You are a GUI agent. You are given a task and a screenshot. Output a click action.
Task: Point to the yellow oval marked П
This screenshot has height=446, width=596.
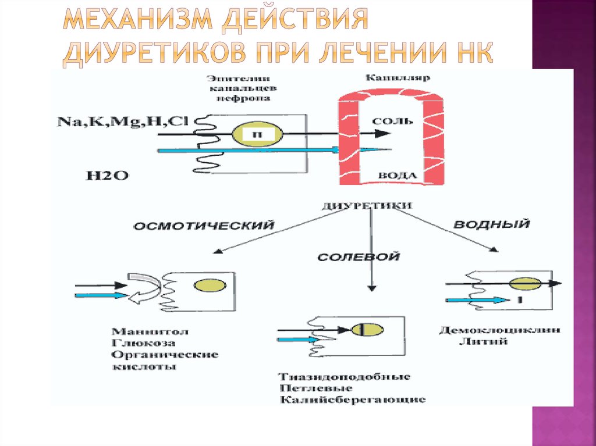pyautogui.click(x=257, y=134)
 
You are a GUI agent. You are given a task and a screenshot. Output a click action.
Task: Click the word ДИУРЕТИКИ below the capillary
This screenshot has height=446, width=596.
pyautogui.click(x=367, y=205)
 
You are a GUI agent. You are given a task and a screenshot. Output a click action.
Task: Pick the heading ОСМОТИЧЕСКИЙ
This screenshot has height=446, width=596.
pyautogui.click(x=204, y=226)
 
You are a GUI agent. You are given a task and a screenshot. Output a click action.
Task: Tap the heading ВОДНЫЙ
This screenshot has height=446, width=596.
pyautogui.click(x=492, y=224)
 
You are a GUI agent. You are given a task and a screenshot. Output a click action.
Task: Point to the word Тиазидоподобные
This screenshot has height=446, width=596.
pyautogui.click(x=345, y=376)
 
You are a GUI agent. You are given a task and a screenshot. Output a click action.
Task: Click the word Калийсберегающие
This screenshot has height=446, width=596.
pyautogui.click(x=352, y=399)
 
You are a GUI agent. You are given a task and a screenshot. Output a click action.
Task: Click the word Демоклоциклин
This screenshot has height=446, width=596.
pyautogui.click(x=499, y=330)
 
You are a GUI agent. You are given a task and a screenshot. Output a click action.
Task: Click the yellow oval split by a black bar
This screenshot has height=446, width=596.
pyautogui.click(x=367, y=330)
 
